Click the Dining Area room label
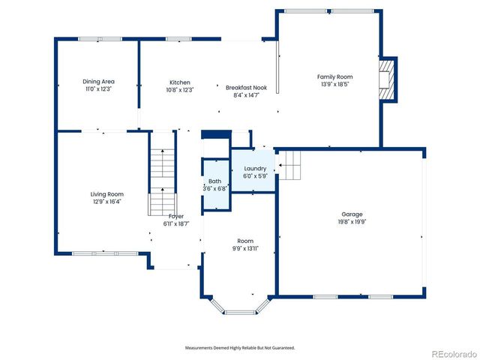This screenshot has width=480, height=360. point(98,81)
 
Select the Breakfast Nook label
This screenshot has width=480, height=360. point(246,88)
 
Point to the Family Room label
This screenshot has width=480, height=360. point(334,76)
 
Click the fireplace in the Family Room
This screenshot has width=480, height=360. point(387,79)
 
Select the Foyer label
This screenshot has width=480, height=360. point(175,216)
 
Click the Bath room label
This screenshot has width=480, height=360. point(214,181)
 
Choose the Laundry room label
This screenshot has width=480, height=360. point(255,169)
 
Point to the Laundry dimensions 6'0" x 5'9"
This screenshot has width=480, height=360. point(255,176)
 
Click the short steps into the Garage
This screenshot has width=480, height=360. point(291,164)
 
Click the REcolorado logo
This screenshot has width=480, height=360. point(451,353)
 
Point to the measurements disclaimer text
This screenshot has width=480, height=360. point(240,348)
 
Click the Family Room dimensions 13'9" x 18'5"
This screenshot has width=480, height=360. point(334,84)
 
